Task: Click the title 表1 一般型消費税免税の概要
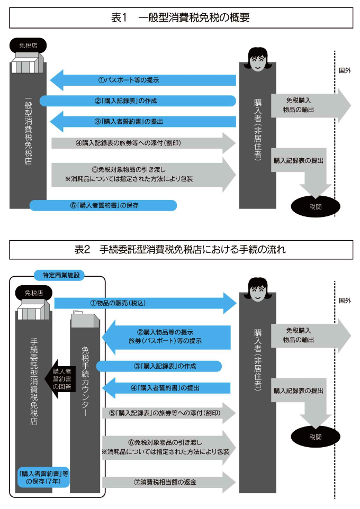tap(180, 17)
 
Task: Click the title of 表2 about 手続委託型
tap(180, 249)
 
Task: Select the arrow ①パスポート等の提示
tap(143, 80)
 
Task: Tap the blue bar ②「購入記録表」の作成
tap(138, 101)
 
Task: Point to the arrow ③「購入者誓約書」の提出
tap(143, 121)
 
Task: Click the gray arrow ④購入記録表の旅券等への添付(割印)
tap(143, 142)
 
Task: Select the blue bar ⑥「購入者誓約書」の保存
tap(103, 205)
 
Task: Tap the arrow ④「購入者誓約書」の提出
tap(167, 388)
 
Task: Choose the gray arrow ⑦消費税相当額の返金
tap(168, 481)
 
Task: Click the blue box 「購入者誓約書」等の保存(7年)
tap(43, 477)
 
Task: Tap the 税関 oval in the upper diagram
tap(316, 206)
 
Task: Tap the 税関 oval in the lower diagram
tap(316, 437)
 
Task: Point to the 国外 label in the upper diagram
tap(345, 69)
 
